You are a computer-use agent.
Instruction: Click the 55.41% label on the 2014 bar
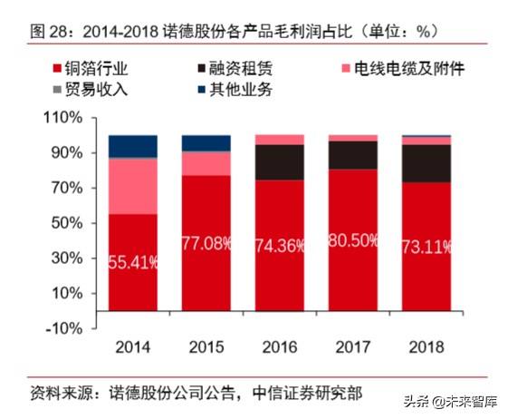coord(133,263)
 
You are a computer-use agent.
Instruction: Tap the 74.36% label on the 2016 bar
coord(280,247)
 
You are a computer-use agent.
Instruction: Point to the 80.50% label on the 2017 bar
coord(353,241)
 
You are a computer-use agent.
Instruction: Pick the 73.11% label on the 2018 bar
coord(427,248)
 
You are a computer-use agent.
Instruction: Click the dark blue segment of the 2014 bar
coord(133,146)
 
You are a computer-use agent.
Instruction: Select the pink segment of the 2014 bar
coord(133,186)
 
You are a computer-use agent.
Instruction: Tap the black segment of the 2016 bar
coord(280,161)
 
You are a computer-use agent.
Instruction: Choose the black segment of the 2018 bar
coord(427,163)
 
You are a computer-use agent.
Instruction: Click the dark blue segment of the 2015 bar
coord(206,142)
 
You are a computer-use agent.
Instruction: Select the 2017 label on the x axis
coord(353,347)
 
